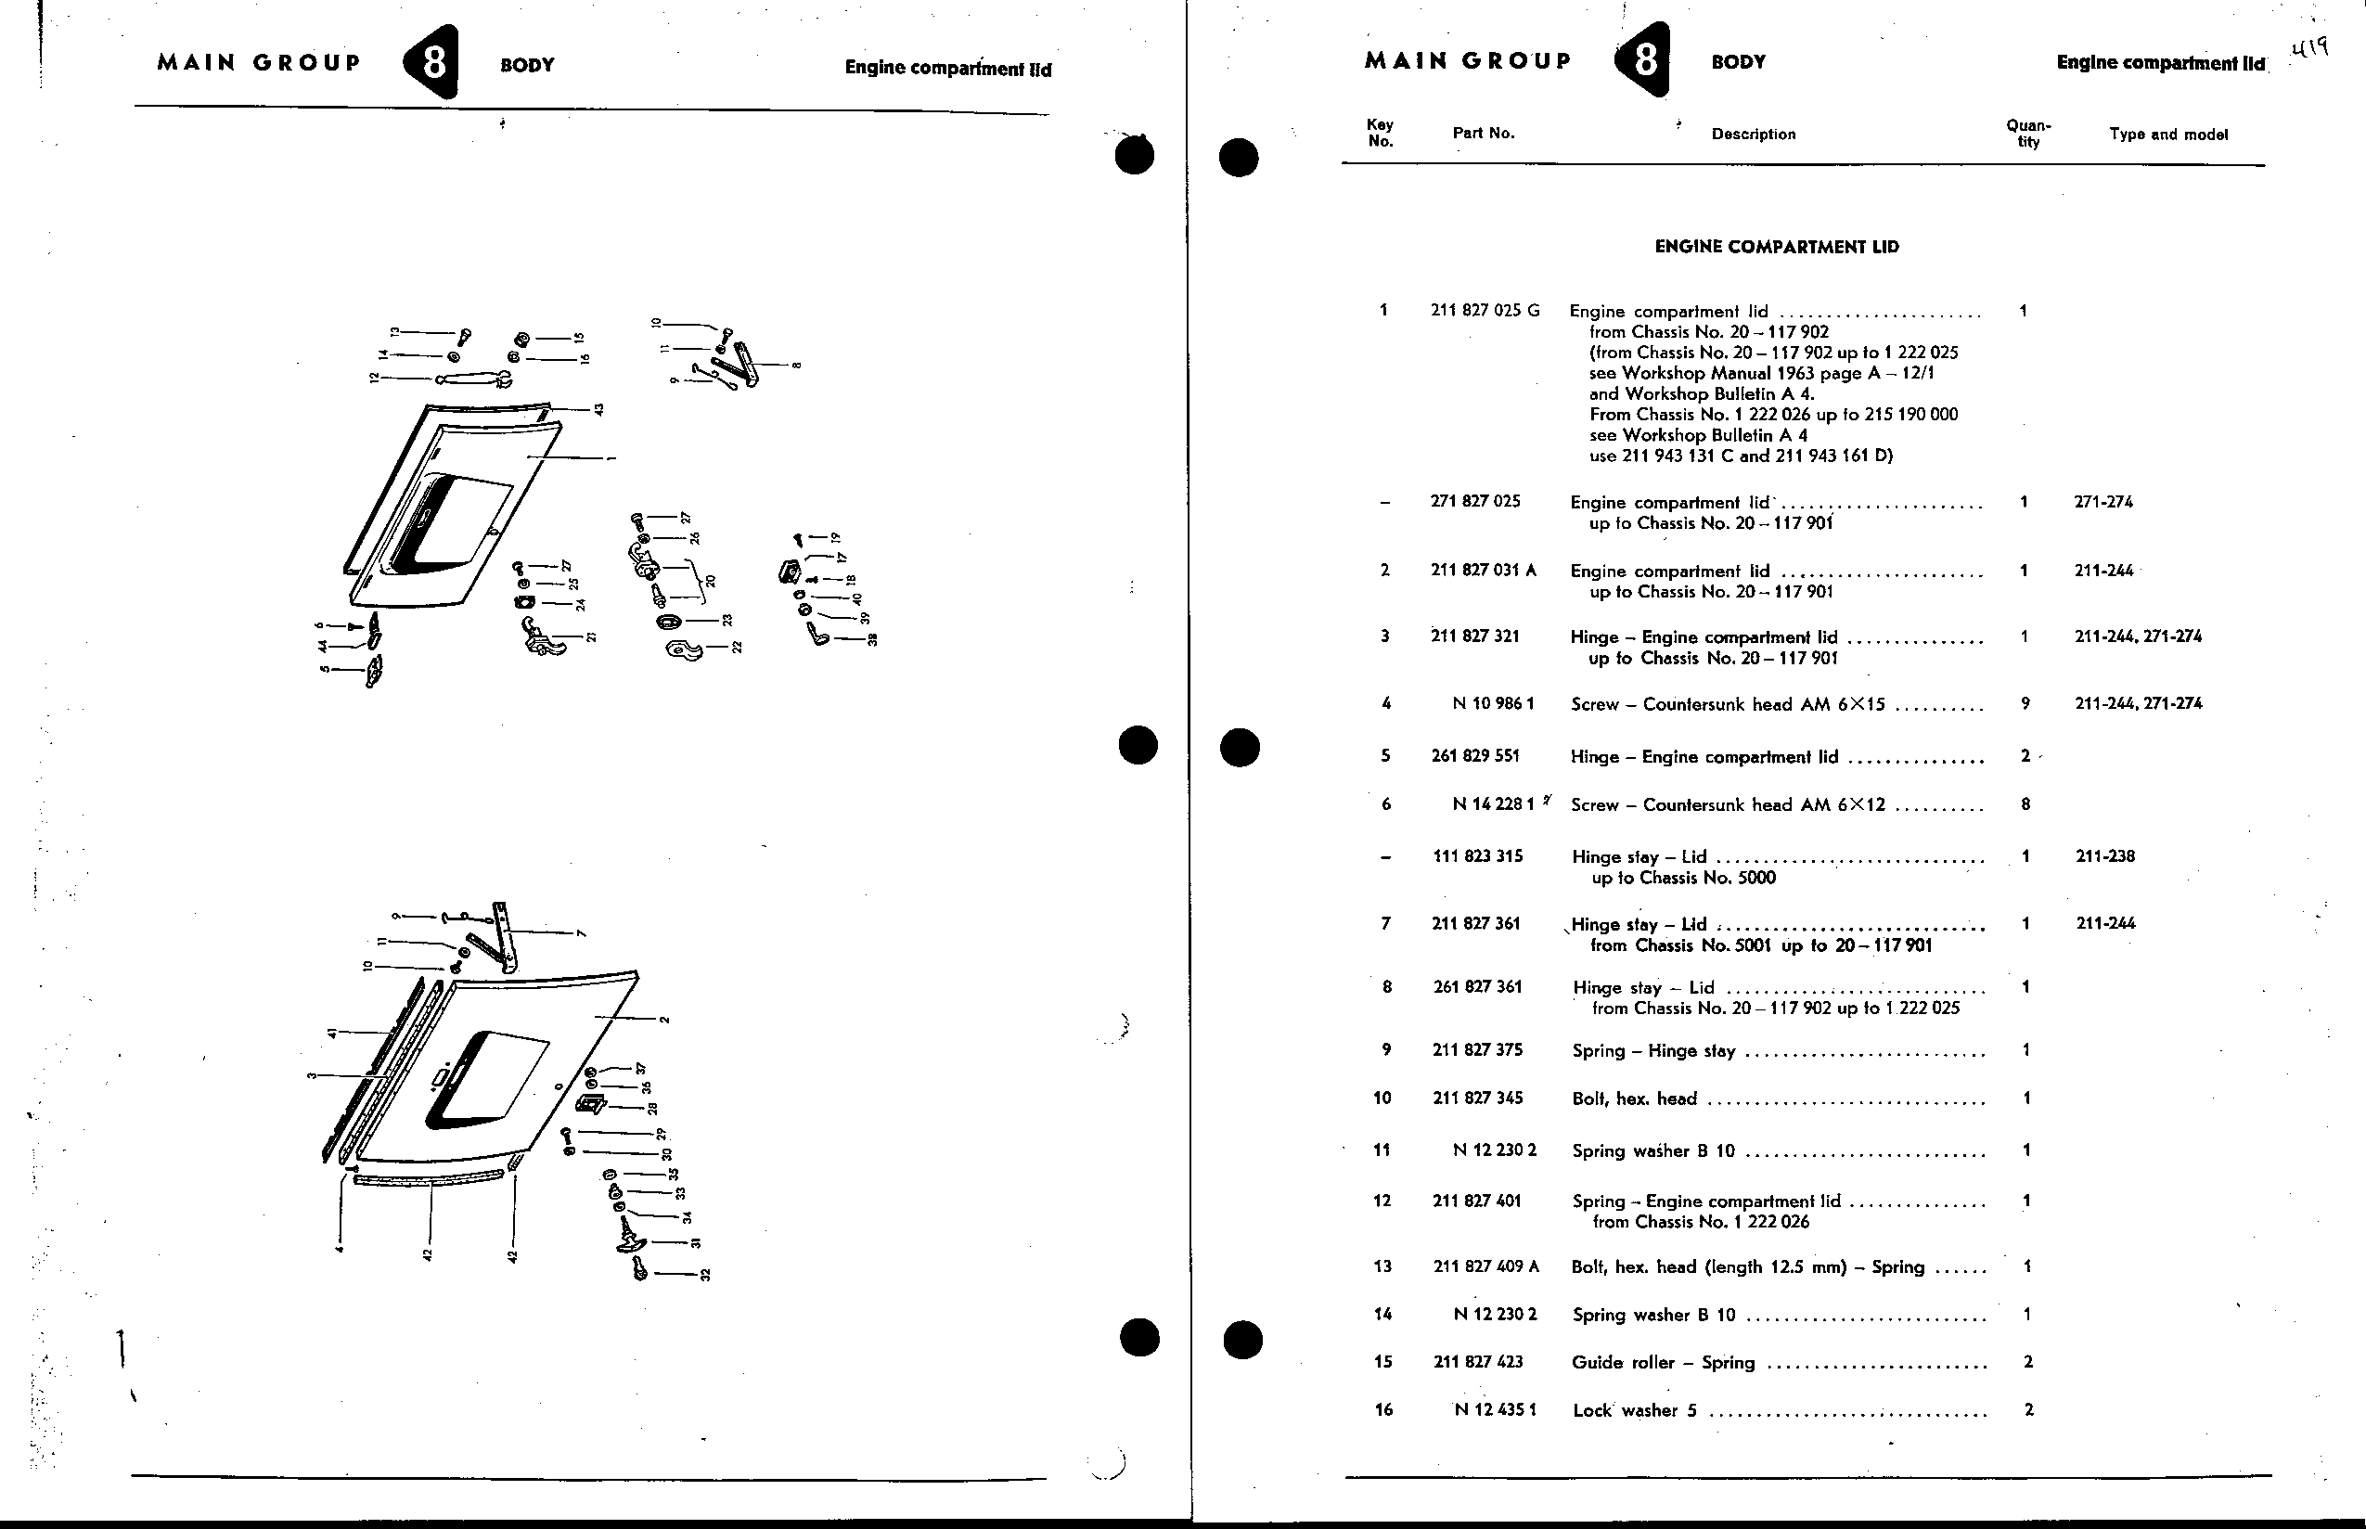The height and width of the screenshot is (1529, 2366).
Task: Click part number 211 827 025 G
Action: pyautogui.click(x=1485, y=311)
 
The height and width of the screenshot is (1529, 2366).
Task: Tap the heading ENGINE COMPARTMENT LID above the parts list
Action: pyautogui.click(x=1776, y=247)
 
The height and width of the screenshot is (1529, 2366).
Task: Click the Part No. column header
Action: pyautogui.click(x=1484, y=133)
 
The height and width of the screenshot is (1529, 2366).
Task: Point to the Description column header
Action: pyautogui.click(x=1754, y=134)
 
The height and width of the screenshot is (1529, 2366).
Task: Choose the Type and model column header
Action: pyautogui.click(x=2168, y=134)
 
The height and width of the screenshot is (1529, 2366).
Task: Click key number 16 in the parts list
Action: pyautogui.click(x=1384, y=1410)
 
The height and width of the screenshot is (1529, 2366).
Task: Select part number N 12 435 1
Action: pyautogui.click(x=1496, y=1410)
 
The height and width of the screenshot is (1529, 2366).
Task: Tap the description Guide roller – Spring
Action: pyautogui.click(x=1663, y=1362)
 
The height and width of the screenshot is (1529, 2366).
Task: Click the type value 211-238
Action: pyautogui.click(x=2105, y=855)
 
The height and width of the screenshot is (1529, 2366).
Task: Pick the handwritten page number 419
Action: pyautogui.click(x=2310, y=48)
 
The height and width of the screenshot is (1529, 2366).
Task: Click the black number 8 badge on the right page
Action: pyautogui.click(x=1643, y=60)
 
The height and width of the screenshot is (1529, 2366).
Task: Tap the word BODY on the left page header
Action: pyautogui.click(x=527, y=66)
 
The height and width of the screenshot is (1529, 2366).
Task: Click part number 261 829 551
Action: pyautogui.click(x=1475, y=755)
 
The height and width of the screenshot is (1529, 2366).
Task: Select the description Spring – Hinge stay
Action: pyautogui.click(x=1654, y=1050)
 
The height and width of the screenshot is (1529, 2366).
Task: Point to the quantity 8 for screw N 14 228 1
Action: pyautogui.click(x=2025, y=805)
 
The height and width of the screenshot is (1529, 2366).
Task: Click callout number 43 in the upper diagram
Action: pyautogui.click(x=598, y=409)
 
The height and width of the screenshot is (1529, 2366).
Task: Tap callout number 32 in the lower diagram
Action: pyautogui.click(x=706, y=1275)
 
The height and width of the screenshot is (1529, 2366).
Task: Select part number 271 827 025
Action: pyautogui.click(x=1475, y=501)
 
